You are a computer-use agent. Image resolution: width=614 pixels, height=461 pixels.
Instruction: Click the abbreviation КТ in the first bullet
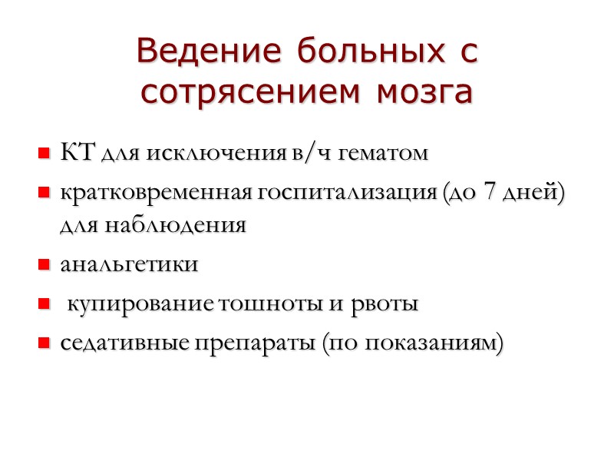tap(75, 152)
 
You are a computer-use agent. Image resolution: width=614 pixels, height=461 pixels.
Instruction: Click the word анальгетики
tap(130, 264)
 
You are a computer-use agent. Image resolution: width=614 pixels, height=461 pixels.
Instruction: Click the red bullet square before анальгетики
tap(45, 266)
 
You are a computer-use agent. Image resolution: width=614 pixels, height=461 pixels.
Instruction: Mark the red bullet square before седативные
tap(45, 343)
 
